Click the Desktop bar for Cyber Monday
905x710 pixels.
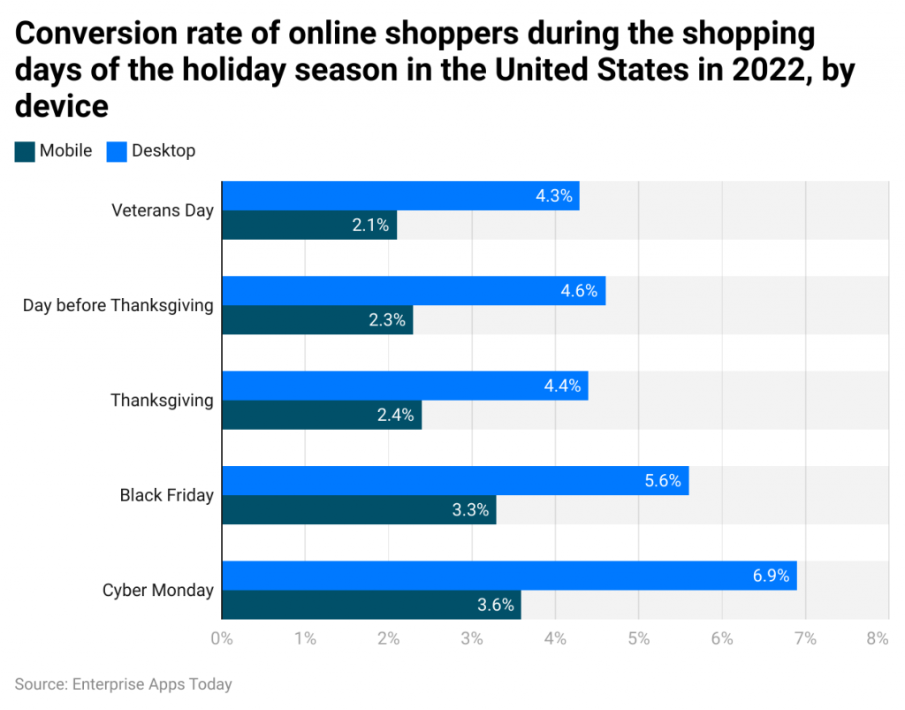(508, 576)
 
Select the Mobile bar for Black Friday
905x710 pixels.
(358, 510)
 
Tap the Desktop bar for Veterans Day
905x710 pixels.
(399, 195)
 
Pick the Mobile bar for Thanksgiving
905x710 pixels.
(321, 415)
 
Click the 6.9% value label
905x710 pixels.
(771, 576)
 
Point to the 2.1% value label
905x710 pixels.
(370, 225)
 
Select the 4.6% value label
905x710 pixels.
(579, 290)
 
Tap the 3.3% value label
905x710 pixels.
(470, 510)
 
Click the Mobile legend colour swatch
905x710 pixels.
(25, 151)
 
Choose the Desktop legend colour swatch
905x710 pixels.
(117, 151)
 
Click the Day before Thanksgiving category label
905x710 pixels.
(118, 305)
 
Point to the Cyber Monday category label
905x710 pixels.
(157, 590)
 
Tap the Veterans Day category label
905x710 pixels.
(162, 210)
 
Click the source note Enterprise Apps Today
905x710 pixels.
(123, 683)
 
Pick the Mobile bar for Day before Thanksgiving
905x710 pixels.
(316, 320)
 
